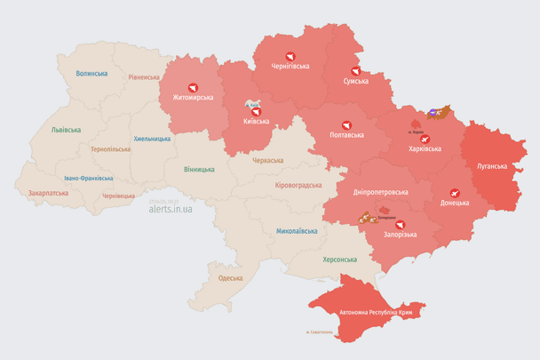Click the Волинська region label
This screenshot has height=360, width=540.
(x=91, y=74)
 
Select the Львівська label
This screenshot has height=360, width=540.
(x=66, y=130)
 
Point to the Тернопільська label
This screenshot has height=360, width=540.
(x=109, y=149)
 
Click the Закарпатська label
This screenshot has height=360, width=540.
(x=50, y=192)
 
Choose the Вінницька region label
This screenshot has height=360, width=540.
(x=198, y=169)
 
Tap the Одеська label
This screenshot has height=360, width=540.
(x=230, y=278)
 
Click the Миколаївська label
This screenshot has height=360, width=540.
(x=297, y=230)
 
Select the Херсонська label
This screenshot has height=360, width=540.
(x=339, y=259)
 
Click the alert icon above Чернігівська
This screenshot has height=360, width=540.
(x=290, y=52)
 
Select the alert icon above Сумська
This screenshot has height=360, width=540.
(x=355, y=69)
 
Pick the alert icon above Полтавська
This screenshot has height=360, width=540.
(x=345, y=124)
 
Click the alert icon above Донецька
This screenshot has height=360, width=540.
(x=454, y=191)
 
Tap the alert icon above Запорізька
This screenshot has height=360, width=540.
(x=398, y=223)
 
